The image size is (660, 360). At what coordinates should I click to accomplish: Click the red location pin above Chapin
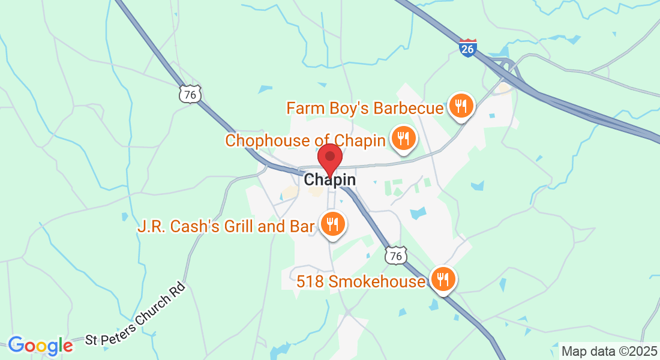pyautogui.click(x=329, y=158)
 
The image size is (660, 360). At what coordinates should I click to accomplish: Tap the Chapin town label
pyautogui.click(x=329, y=179)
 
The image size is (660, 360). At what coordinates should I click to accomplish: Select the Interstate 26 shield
pyautogui.click(x=468, y=47)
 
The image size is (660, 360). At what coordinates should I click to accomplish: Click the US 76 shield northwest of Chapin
pyautogui.click(x=190, y=94)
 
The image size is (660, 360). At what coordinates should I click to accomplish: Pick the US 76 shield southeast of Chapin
pyautogui.click(x=395, y=256)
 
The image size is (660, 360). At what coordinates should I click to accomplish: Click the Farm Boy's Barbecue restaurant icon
pyautogui.click(x=461, y=107)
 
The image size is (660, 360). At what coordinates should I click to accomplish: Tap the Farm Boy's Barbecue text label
pyautogui.click(x=365, y=109)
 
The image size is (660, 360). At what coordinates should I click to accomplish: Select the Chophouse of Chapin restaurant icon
pyautogui.click(x=403, y=139)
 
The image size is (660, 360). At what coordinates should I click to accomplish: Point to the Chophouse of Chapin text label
pyautogui.click(x=305, y=141)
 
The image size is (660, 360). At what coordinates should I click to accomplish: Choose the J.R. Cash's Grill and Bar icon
pyautogui.click(x=332, y=224)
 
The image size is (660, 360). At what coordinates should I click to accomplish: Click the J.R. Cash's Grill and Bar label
pyautogui.click(x=226, y=226)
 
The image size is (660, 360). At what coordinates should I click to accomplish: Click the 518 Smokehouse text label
pyautogui.click(x=361, y=281)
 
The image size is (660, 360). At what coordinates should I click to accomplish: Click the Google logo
pyautogui.click(x=40, y=345)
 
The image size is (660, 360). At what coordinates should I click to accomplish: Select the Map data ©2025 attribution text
pyautogui.click(x=609, y=351)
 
